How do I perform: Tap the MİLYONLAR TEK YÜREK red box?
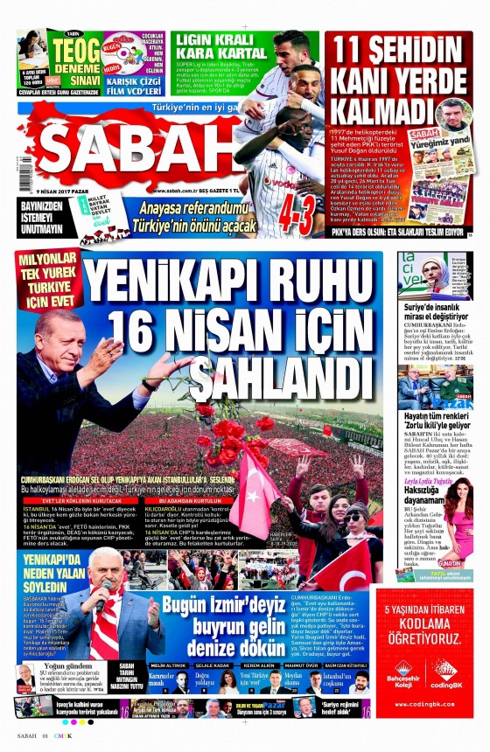pos(48,280)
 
